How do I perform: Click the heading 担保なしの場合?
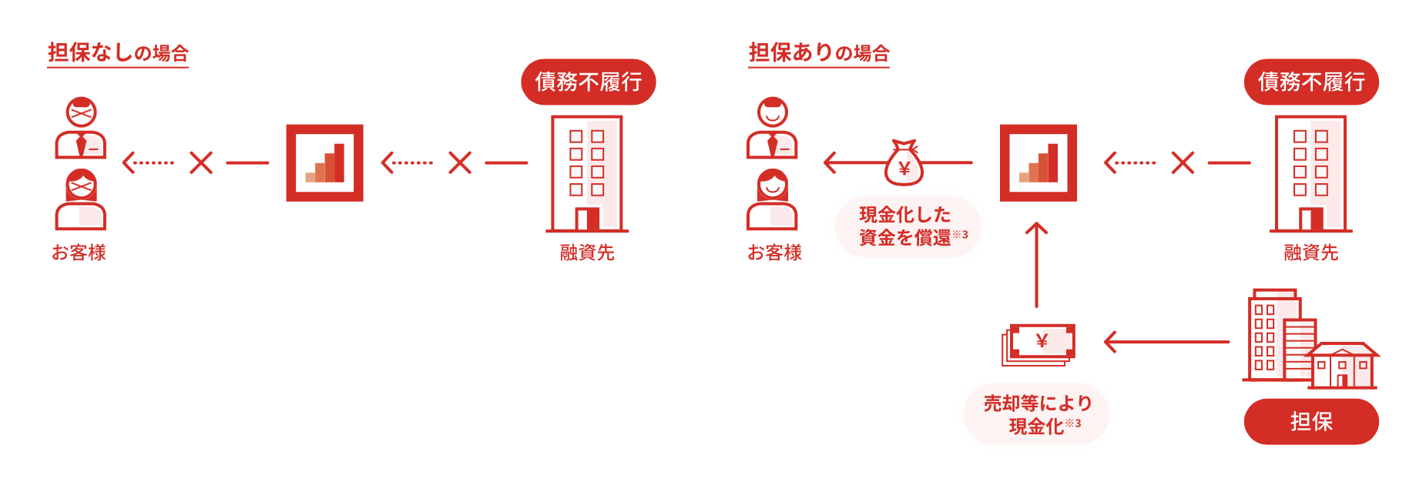click(118, 52)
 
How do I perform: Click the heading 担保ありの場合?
click(819, 52)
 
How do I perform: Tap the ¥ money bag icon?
click(904, 163)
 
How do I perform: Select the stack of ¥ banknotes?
click(1039, 344)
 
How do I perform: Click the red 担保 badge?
click(1311, 421)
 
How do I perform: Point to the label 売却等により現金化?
click(1036, 414)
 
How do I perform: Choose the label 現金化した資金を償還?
click(908, 226)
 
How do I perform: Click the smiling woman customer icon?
click(772, 199)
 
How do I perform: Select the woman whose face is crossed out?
click(81, 199)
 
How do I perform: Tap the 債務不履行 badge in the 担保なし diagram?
click(588, 82)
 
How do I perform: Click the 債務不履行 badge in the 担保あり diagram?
click(1311, 82)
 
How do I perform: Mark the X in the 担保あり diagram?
click(1183, 162)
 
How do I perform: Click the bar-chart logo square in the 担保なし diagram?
click(324, 163)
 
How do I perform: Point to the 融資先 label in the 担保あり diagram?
click(1310, 253)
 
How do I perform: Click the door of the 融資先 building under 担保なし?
click(588, 219)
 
